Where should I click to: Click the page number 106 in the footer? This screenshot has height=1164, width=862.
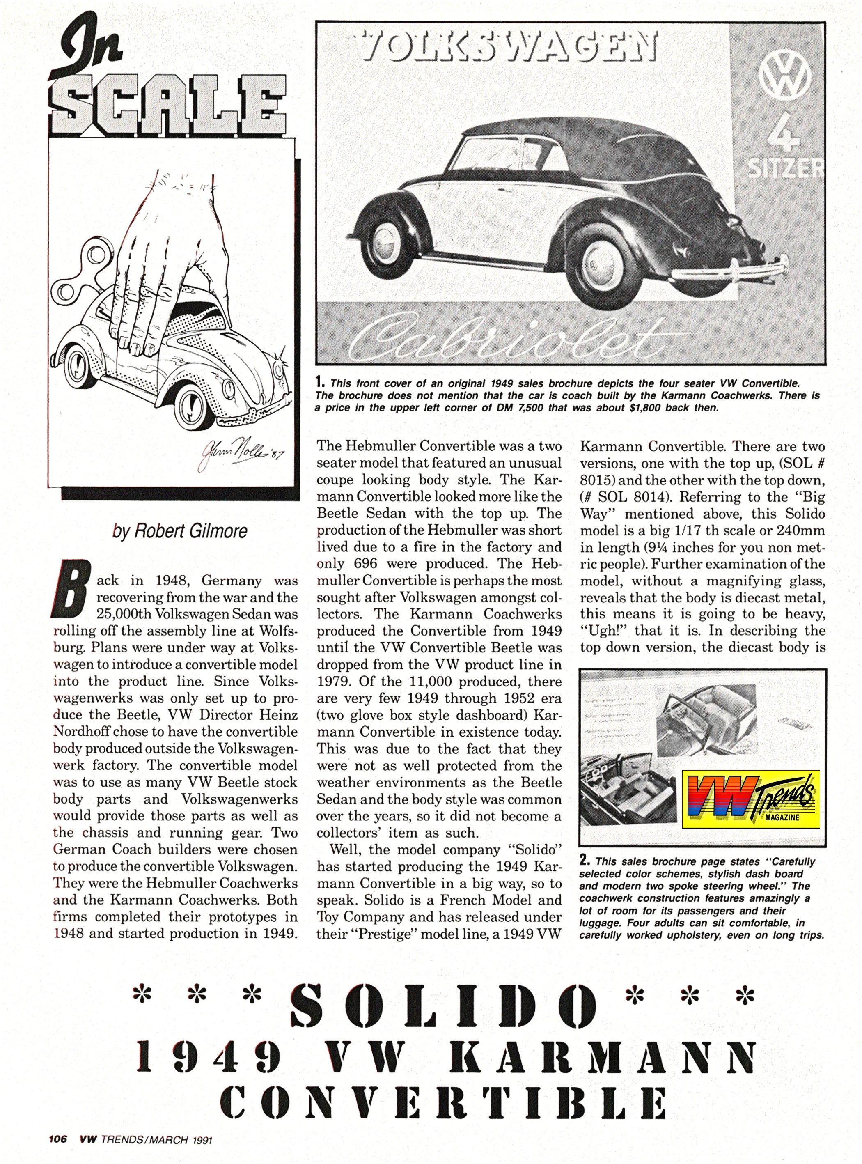click(x=58, y=1139)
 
